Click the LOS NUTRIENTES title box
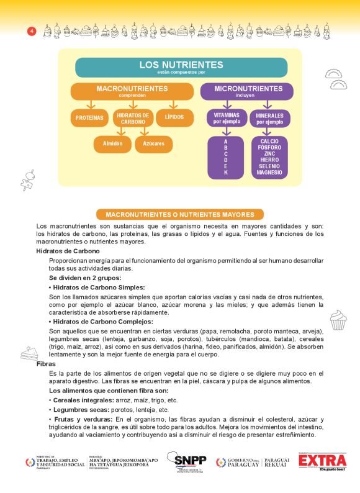pos(181,67)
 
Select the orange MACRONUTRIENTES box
pos(132,91)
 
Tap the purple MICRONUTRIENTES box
pos(246,91)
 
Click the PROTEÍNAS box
pos(89,117)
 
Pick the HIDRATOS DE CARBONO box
pos(133,118)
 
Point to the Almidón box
pos(112,144)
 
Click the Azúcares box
pos(153,144)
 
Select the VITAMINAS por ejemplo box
pos(225,118)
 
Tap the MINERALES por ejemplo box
pos(269,118)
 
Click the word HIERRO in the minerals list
pos(269,160)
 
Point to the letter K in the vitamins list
pos(226,172)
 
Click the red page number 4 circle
pos(32,31)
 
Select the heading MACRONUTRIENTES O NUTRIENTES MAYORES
pos(180,214)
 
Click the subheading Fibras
pos(46,363)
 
